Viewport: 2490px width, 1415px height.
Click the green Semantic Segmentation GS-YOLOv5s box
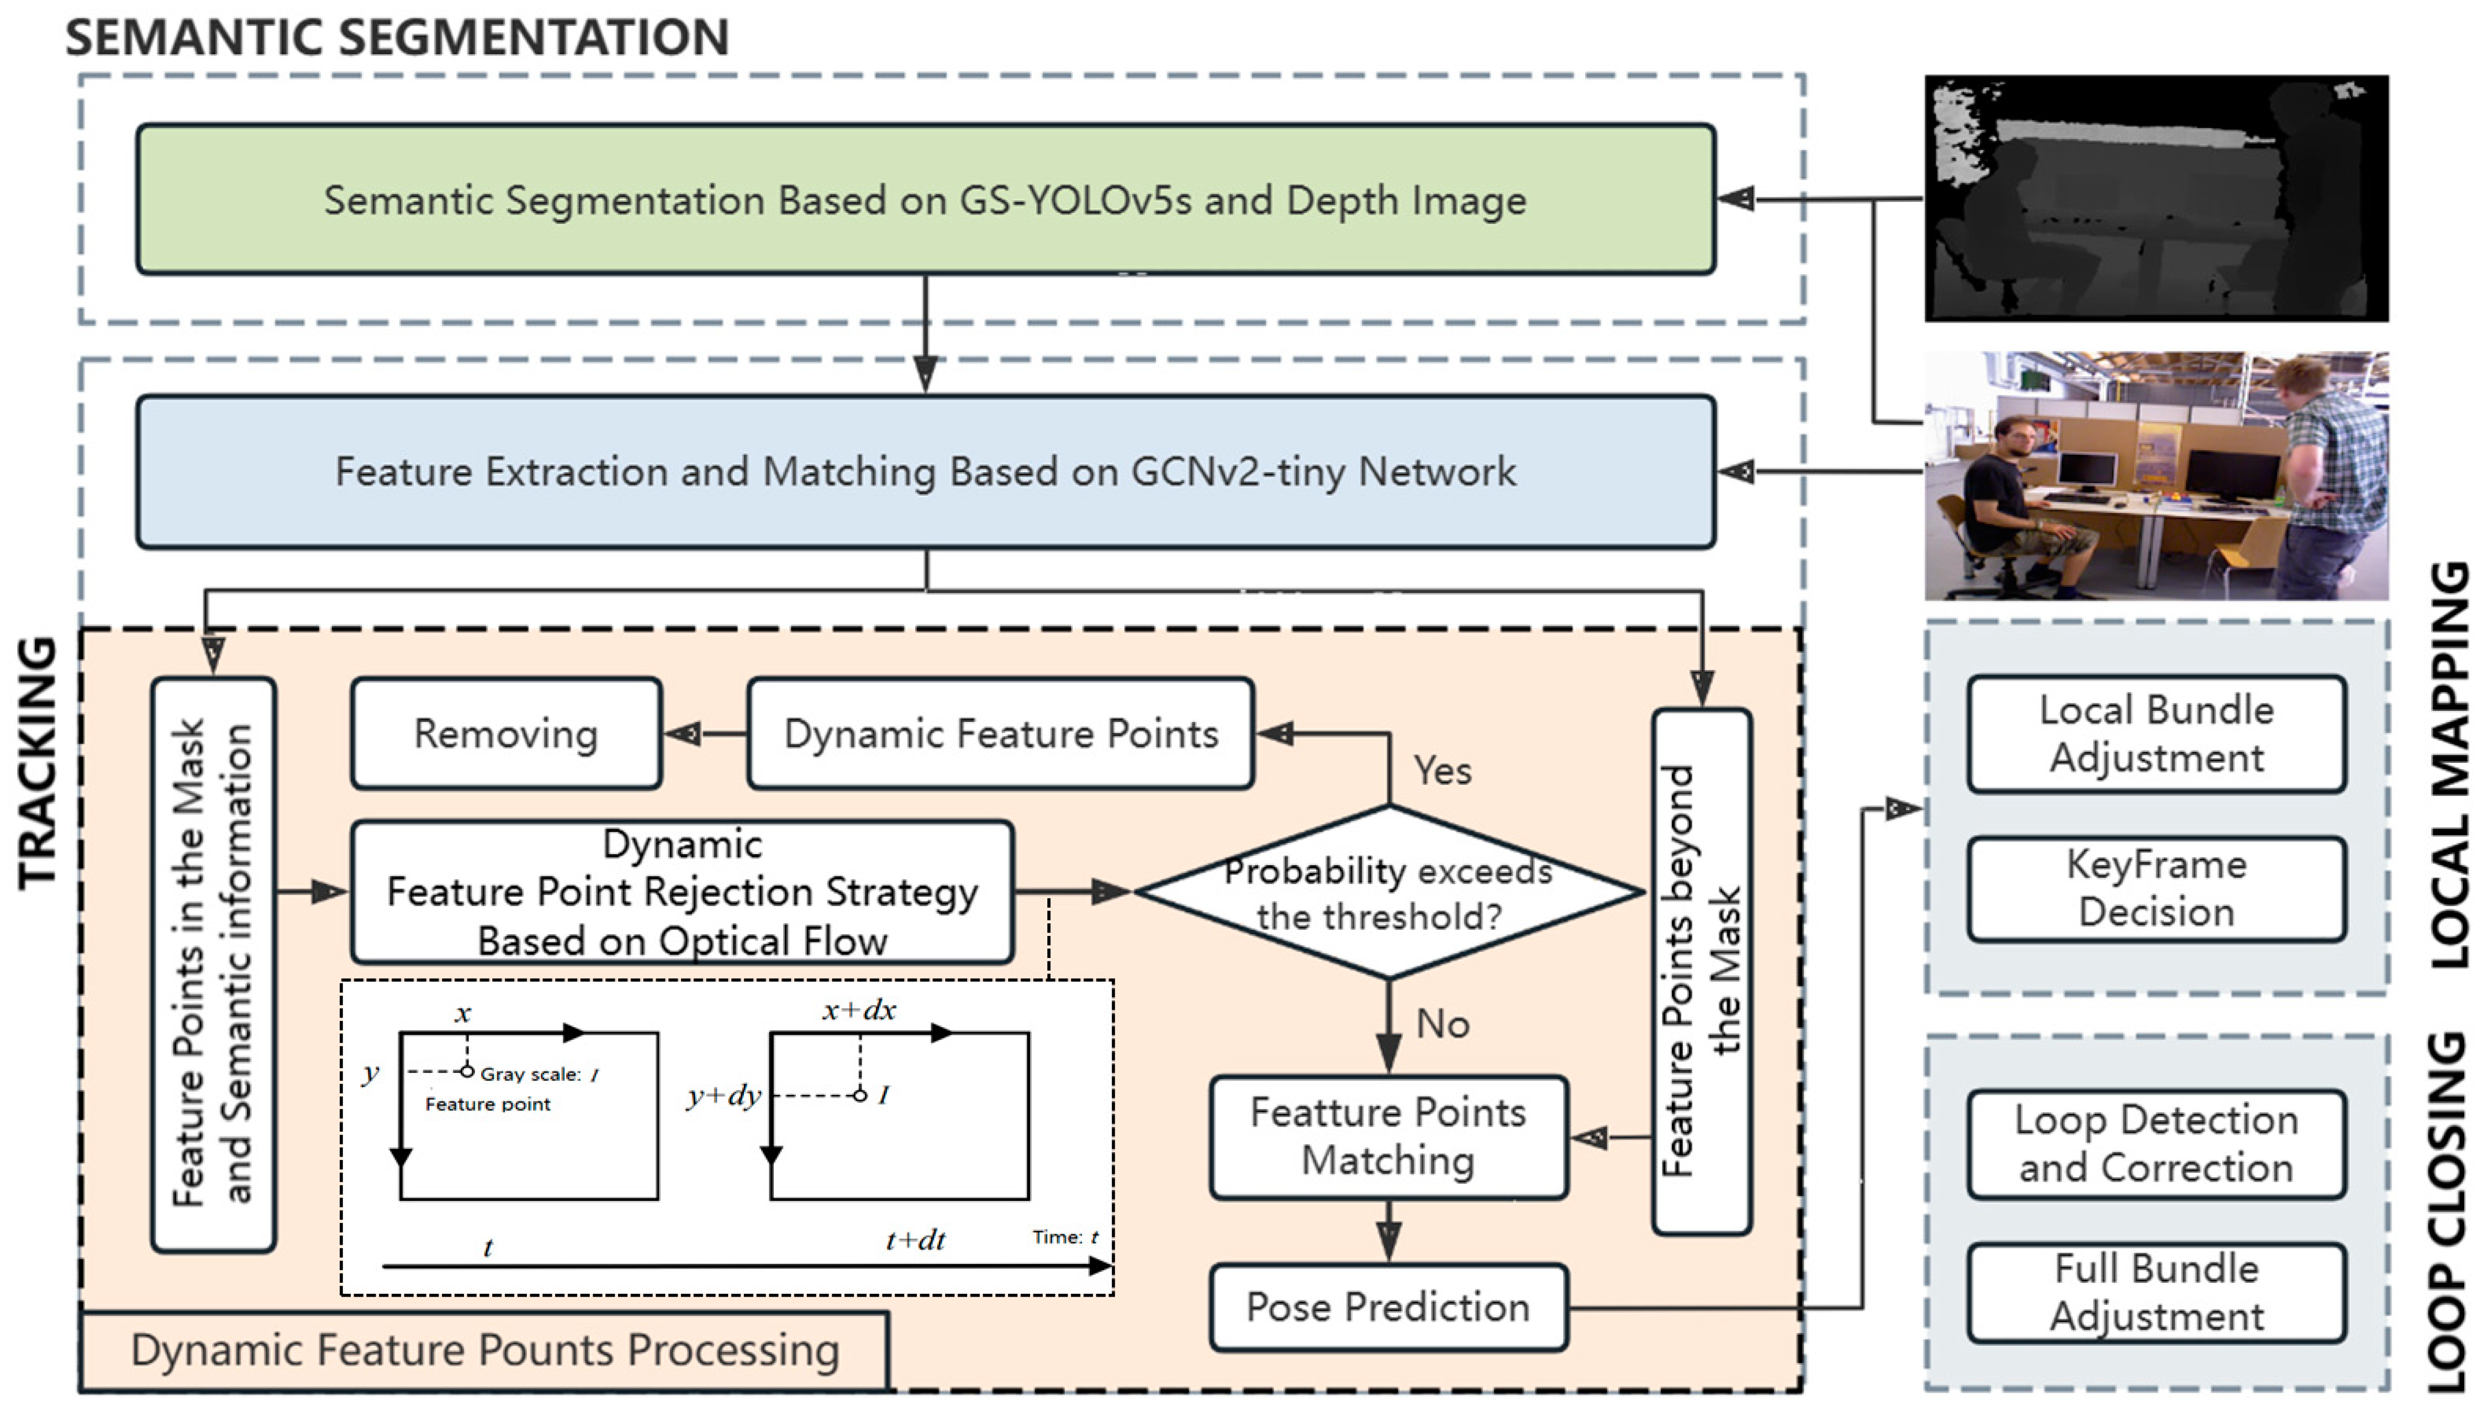click(x=925, y=199)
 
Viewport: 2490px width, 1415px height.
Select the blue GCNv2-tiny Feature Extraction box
click(x=925, y=471)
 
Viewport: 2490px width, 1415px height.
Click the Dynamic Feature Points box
click(x=1001, y=733)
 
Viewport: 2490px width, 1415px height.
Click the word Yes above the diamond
click(x=1441, y=770)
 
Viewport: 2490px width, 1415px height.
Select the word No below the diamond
click(x=1441, y=1023)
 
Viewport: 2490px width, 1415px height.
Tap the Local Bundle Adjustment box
click(x=2156, y=733)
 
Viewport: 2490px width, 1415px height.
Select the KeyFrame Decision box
click(x=2156, y=888)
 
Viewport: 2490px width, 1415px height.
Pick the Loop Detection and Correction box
click(x=2156, y=1144)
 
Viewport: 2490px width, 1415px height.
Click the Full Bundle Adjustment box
click(x=2156, y=1293)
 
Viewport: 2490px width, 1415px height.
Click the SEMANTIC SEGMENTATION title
click(x=396, y=38)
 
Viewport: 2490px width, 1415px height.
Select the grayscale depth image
click(x=2156, y=199)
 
